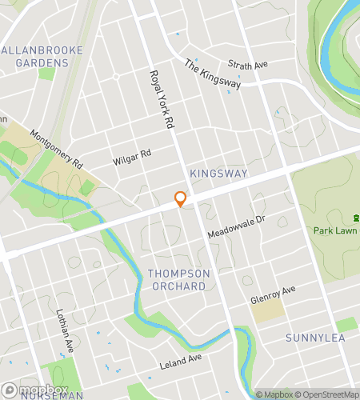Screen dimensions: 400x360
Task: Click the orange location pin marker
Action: (x=181, y=199)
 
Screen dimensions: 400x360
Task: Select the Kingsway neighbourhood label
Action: (x=218, y=174)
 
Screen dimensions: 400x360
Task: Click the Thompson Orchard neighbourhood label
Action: (x=179, y=280)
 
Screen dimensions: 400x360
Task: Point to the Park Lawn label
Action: (x=334, y=230)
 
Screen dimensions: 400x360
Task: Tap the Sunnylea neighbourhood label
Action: (x=315, y=338)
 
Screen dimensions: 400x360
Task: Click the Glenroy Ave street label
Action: (x=273, y=294)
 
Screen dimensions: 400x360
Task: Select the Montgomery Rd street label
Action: (x=57, y=149)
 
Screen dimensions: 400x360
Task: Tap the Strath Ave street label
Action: (x=247, y=64)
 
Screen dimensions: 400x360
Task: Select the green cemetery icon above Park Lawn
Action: (x=355, y=218)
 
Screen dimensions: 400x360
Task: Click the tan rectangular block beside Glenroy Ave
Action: (x=268, y=310)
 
